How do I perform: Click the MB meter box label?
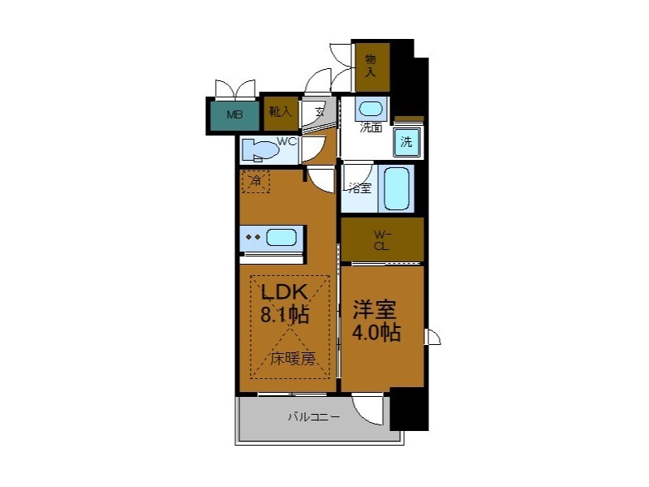click(x=234, y=114)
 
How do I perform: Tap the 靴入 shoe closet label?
click(x=280, y=112)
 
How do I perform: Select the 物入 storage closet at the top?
click(x=371, y=65)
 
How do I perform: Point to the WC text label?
click(x=287, y=141)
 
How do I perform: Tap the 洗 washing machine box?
click(x=406, y=142)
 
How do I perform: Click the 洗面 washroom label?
click(x=372, y=127)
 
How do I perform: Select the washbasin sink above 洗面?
click(x=371, y=109)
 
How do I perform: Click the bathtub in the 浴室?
click(x=397, y=188)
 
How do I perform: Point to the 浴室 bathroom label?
click(x=359, y=188)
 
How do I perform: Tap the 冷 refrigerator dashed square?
click(x=256, y=180)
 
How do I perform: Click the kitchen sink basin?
click(x=281, y=238)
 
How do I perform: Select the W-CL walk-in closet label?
click(x=380, y=240)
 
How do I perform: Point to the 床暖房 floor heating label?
click(x=292, y=358)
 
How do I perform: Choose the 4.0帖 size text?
click(x=376, y=333)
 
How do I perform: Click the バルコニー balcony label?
click(x=313, y=417)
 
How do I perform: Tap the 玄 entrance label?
click(x=320, y=112)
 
